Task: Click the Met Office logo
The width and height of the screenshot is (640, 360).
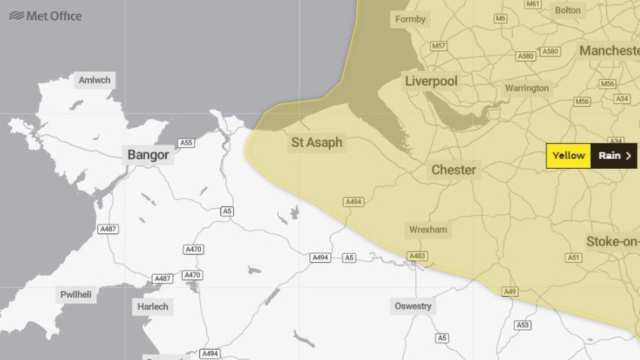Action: click(45, 16)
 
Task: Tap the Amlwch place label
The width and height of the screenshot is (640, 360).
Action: click(94, 80)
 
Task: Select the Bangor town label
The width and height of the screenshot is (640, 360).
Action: click(148, 155)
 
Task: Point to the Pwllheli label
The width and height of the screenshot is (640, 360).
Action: click(76, 294)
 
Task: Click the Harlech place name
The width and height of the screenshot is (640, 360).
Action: click(153, 306)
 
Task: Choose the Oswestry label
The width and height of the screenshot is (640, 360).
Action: click(413, 306)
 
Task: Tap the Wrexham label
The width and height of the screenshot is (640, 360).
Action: click(428, 230)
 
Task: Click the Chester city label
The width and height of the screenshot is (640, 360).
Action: click(453, 170)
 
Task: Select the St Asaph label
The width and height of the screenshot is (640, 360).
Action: click(317, 142)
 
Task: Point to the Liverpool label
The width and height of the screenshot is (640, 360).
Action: click(431, 81)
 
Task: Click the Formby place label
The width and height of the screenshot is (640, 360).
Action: click(410, 19)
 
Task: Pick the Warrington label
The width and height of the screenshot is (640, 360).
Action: click(527, 88)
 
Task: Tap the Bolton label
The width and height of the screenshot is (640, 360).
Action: click(567, 10)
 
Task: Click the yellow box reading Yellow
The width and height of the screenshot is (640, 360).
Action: click(568, 155)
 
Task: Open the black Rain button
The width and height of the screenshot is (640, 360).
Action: click(614, 155)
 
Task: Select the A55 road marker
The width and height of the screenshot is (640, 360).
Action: click(186, 142)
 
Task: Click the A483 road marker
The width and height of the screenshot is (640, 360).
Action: click(417, 256)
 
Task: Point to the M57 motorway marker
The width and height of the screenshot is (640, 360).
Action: click(439, 46)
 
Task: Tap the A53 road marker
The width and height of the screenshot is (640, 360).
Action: click(523, 325)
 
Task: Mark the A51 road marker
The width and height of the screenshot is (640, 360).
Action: click(574, 258)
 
